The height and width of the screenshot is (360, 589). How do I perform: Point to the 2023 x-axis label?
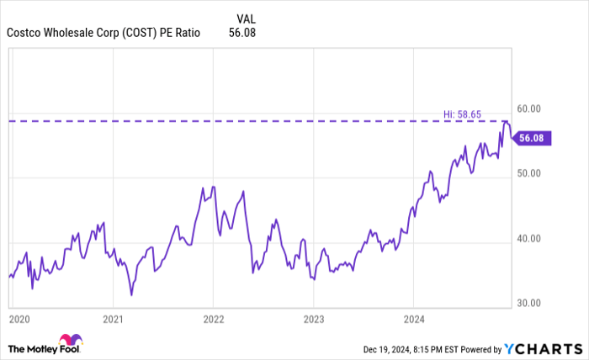click(x=313, y=320)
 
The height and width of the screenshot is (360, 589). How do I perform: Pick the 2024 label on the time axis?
click(x=413, y=320)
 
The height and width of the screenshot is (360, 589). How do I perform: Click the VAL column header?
click(x=247, y=17)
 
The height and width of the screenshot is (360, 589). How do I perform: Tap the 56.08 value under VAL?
click(x=241, y=34)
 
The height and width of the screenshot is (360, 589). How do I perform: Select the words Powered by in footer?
click(x=475, y=348)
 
